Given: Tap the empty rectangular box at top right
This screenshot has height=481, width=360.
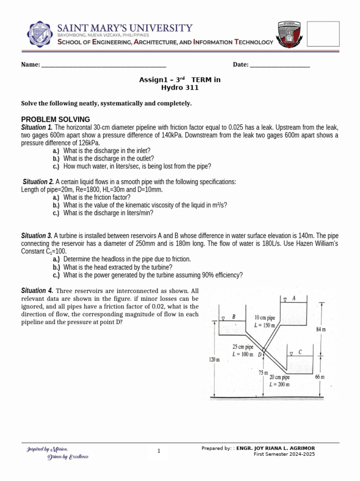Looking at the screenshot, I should [323, 33].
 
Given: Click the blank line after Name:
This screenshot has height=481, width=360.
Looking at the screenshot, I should [104, 65].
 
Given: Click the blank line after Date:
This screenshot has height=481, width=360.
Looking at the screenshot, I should [280, 65].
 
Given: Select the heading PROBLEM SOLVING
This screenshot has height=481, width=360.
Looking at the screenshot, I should [56, 119].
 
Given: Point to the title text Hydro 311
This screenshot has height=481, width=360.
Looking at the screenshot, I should [180, 87].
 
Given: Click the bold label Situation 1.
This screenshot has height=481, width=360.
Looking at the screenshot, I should [37, 128].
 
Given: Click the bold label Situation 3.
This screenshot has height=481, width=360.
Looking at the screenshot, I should [37, 235].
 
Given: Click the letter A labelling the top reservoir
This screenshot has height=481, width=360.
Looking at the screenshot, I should [294, 298].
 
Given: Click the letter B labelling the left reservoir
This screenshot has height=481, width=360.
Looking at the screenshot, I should [234, 317].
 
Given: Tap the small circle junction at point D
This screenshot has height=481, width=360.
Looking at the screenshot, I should [264, 350].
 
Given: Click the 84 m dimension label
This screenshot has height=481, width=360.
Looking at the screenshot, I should [321, 329].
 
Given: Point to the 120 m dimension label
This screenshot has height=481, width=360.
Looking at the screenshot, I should [214, 359].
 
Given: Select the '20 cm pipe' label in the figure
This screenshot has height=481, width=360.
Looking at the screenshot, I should [279, 377].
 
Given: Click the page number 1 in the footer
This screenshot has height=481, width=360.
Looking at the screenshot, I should [159, 451].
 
